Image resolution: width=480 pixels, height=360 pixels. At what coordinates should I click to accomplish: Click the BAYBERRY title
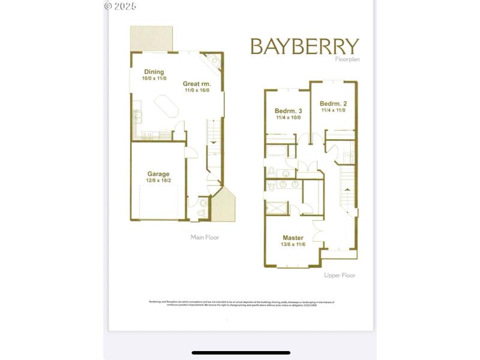(x=304, y=46)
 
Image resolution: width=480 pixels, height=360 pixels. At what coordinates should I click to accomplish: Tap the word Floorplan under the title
(x=347, y=59)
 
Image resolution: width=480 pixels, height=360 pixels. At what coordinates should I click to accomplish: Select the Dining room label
(x=154, y=72)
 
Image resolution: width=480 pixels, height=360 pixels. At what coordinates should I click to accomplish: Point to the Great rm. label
(x=197, y=84)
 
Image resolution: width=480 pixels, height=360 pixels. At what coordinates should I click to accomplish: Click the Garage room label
(x=158, y=174)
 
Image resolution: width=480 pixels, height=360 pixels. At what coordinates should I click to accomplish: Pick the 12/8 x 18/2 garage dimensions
(x=158, y=181)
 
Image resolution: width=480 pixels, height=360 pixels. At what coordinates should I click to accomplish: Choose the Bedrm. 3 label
(x=288, y=111)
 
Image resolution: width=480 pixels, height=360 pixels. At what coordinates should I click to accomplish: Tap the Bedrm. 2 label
(x=333, y=103)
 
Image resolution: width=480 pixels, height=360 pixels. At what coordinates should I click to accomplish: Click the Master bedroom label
(x=293, y=238)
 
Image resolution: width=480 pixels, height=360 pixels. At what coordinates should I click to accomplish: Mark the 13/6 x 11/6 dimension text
(x=293, y=245)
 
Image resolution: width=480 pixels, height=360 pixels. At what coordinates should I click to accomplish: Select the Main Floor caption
(x=205, y=238)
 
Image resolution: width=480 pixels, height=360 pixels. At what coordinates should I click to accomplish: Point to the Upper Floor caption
(x=340, y=275)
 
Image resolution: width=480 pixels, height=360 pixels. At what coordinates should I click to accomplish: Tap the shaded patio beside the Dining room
(x=152, y=38)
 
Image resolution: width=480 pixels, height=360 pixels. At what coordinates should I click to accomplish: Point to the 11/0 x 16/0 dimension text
(x=197, y=91)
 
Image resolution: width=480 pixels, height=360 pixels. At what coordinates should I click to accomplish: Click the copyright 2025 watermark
(x=120, y=6)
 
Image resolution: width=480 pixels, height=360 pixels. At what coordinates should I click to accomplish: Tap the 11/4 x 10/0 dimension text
(x=288, y=118)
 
